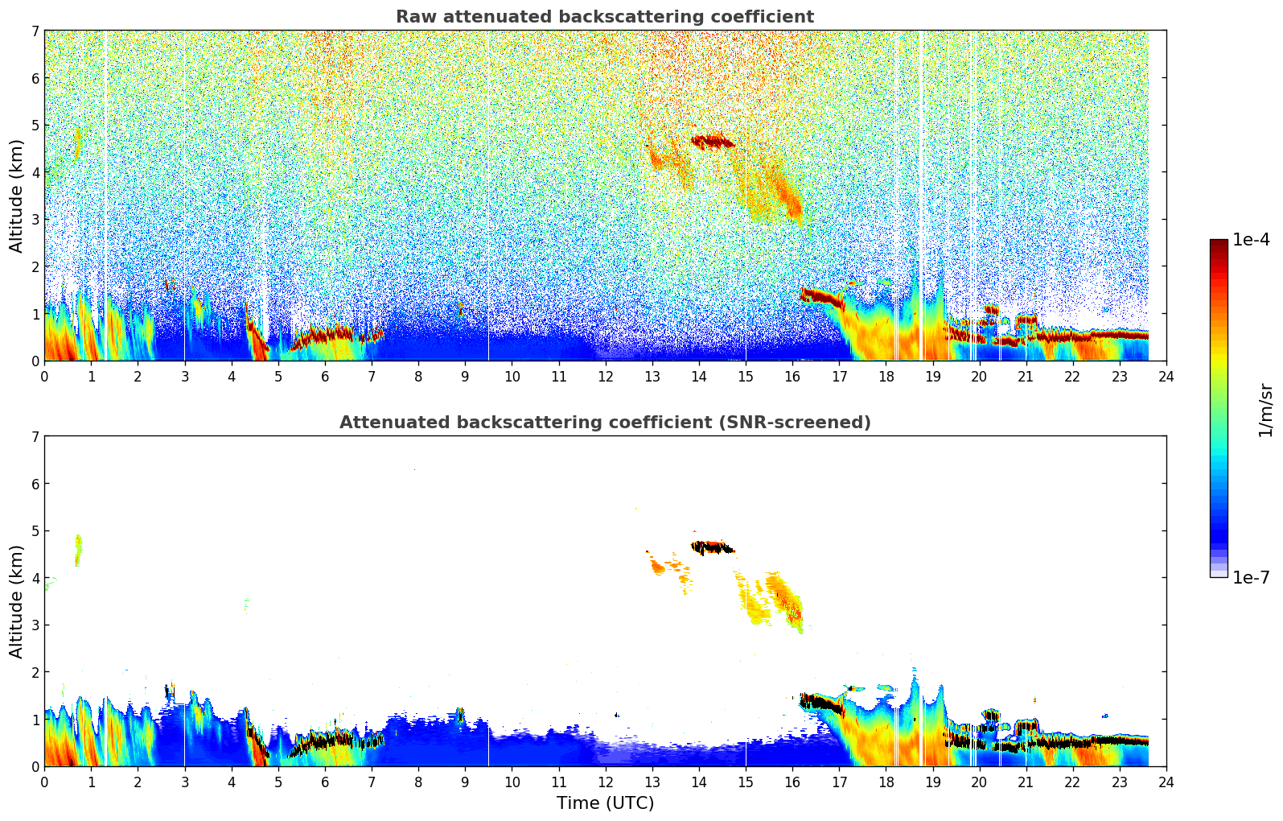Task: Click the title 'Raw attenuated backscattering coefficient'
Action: coord(604,17)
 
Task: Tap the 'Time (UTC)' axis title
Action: coord(605,803)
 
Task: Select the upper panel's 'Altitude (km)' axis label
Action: coord(16,196)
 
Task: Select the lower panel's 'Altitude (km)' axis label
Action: coord(16,601)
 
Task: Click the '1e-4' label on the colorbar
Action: coord(1251,240)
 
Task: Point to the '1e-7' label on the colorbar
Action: coord(1251,577)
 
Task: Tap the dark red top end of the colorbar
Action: coord(1219,244)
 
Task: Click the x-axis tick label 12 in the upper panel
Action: coord(605,377)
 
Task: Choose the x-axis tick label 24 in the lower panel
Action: coord(1166,782)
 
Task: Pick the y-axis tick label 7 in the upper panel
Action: coord(35,31)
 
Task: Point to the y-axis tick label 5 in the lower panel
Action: coord(35,531)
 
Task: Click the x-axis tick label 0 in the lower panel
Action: coord(44,782)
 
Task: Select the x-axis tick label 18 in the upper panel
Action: coord(886,377)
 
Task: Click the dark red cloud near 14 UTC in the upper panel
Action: coord(712,142)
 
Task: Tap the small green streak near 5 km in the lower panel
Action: coord(78,551)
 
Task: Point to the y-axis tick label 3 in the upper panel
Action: coord(35,220)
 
